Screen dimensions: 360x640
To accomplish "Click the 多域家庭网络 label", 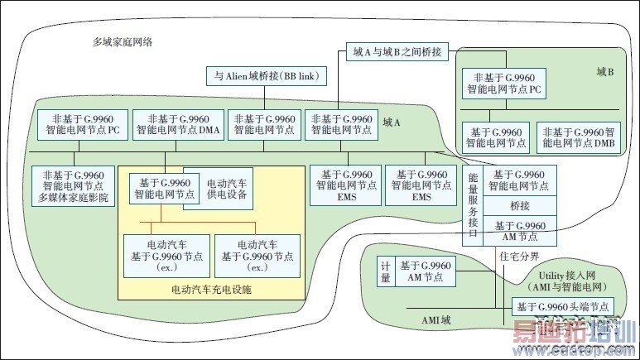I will click(x=128, y=41).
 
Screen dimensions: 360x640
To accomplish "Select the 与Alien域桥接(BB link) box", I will click(x=271, y=76).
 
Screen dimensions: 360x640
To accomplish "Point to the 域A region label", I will click(x=392, y=122).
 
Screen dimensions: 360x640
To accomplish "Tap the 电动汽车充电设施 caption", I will click(x=210, y=290).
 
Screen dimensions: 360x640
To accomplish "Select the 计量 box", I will click(x=384, y=271).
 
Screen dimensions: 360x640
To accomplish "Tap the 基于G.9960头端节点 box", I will click(x=565, y=306).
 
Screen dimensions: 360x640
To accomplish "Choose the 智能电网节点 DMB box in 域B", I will click(x=578, y=136).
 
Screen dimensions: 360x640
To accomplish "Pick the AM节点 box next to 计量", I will click(x=426, y=271).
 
